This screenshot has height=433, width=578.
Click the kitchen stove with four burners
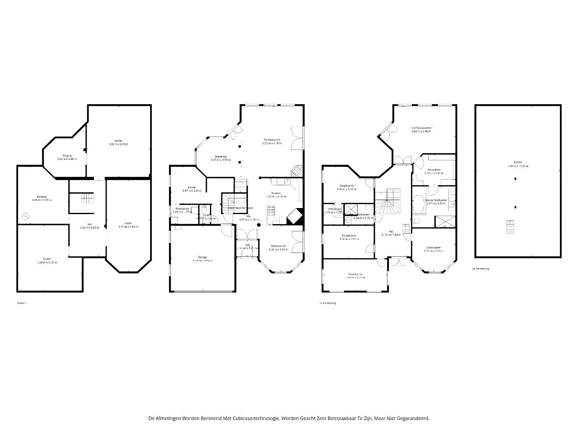click(x=270, y=210)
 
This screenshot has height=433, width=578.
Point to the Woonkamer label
click(x=278, y=246)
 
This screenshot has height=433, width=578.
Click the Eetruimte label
click(x=221, y=156)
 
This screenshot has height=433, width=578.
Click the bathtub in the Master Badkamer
click(x=418, y=204)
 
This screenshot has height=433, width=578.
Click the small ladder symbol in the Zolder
click(x=510, y=227)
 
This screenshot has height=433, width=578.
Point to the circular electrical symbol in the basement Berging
click(x=26, y=216)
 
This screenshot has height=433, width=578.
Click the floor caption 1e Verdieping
click(x=328, y=303)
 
